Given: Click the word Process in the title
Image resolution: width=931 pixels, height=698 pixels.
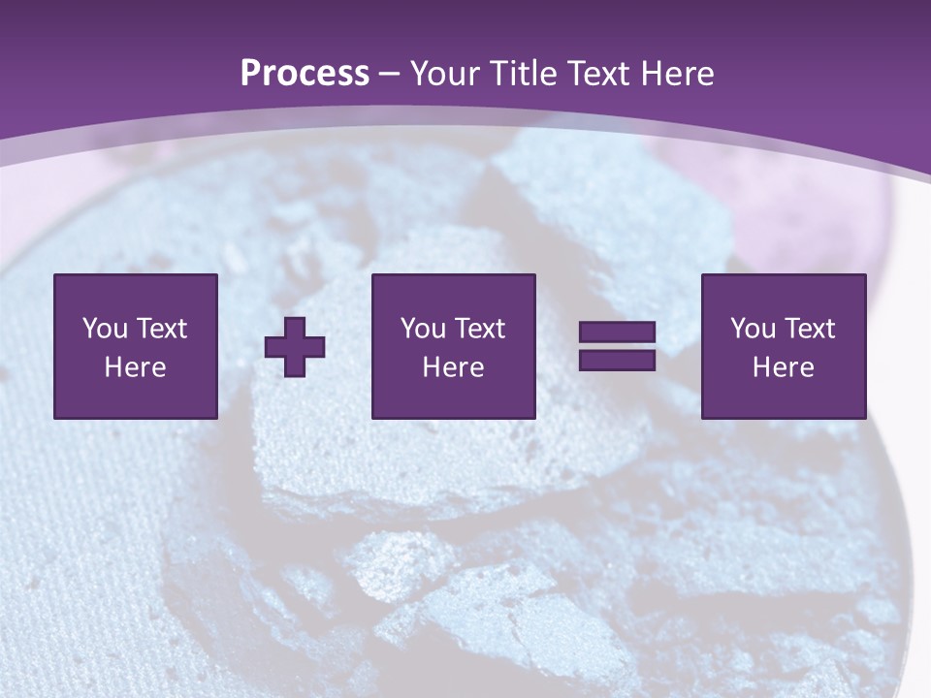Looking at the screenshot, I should (x=305, y=74).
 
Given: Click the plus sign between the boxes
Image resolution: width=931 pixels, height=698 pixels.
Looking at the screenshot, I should (x=295, y=347).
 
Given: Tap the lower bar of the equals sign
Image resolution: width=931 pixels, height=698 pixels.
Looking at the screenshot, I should (x=617, y=360).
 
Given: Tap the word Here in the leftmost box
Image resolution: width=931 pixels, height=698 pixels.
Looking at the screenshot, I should (x=135, y=367).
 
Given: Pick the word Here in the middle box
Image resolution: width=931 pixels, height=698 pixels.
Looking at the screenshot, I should (x=453, y=367).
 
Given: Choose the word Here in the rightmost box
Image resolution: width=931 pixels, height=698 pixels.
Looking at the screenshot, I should (x=783, y=367).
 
